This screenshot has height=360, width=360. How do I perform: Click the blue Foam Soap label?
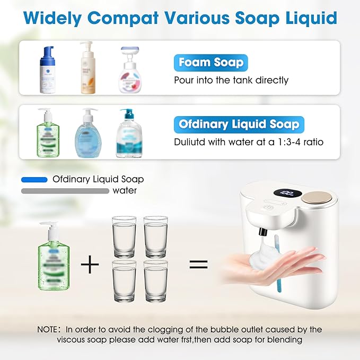tap(210, 63)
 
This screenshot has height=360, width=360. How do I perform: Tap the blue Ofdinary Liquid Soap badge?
tap(239, 125)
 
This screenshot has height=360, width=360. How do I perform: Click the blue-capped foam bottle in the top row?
tap(48, 69)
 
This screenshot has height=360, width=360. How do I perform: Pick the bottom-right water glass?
tap(155, 281)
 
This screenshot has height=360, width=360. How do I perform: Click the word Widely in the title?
tap(51, 18)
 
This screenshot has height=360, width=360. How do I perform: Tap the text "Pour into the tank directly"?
tap(231, 80)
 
